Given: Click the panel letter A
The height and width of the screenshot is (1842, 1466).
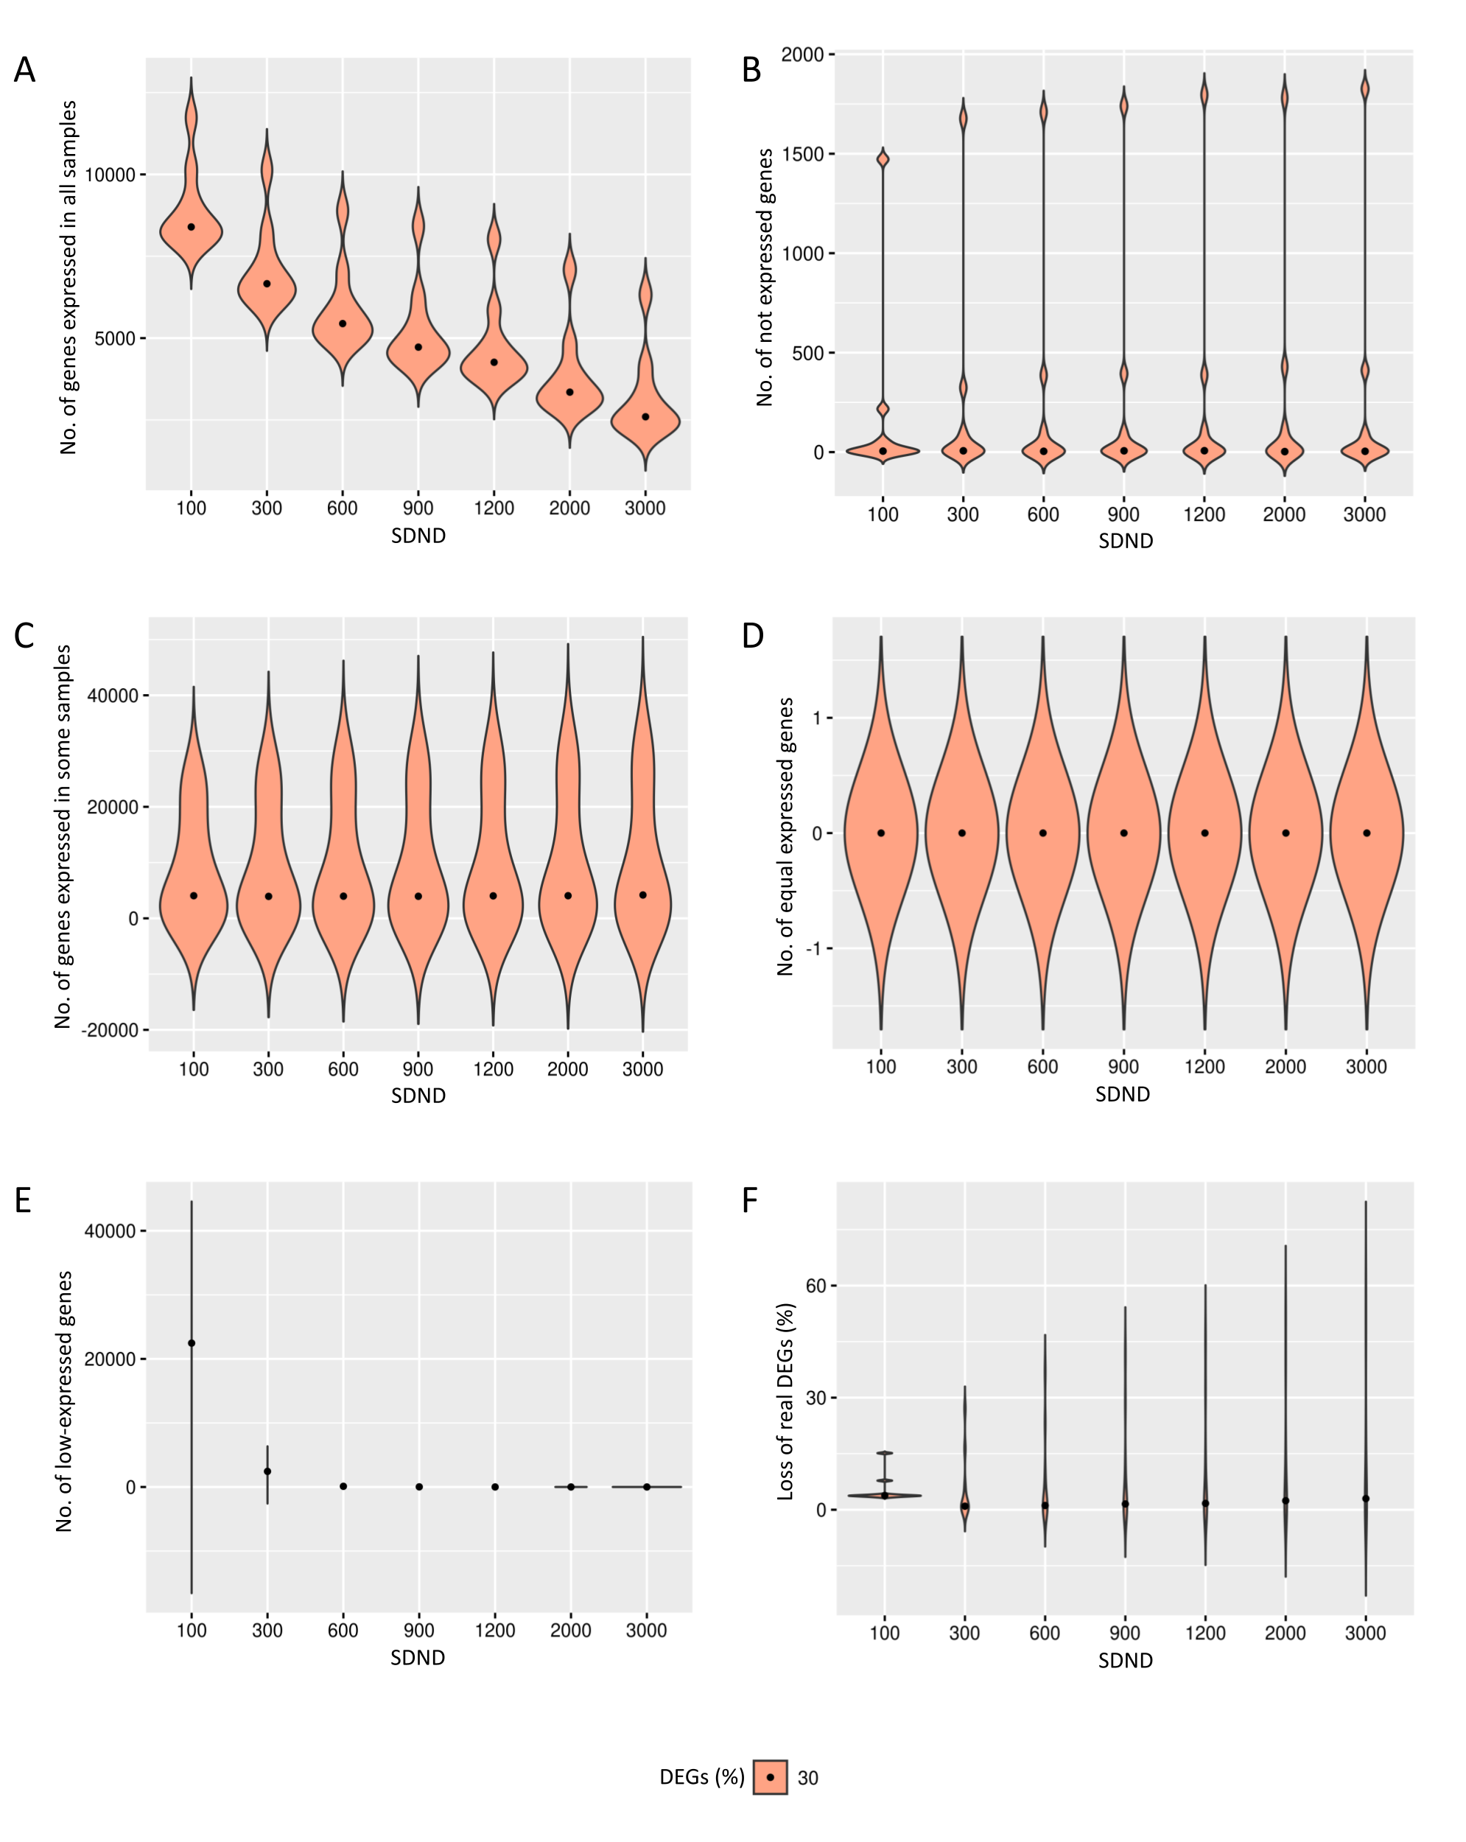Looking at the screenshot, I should point(25,70).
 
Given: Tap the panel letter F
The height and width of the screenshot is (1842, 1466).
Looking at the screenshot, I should point(749,1200).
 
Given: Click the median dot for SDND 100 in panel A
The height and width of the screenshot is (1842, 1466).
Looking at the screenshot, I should point(192,227).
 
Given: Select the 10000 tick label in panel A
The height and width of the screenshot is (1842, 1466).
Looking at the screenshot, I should point(111,175).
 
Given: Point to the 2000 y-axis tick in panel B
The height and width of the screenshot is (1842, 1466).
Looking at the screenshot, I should point(802,55).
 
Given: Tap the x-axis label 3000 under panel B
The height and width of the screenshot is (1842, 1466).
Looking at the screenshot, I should point(1364,514).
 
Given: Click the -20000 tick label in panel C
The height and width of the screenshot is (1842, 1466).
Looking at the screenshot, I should point(109,1030).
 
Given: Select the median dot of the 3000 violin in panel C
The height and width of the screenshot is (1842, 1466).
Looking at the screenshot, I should point(642,895).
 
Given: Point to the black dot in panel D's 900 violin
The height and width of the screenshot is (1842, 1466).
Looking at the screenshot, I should point(1123,833).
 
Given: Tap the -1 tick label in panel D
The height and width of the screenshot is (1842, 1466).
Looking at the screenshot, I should point(815,949).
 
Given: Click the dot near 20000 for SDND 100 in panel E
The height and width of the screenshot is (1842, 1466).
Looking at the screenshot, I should point(192,1343).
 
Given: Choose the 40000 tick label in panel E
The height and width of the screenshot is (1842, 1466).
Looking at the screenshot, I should point(111,1231).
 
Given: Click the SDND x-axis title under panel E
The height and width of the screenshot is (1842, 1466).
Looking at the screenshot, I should point(418,1658).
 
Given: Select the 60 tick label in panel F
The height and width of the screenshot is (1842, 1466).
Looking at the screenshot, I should point(816,1286).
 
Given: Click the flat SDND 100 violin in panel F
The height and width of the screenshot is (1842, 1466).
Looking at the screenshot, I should point(884,1495).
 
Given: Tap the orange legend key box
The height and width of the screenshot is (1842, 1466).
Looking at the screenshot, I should point(770,1777).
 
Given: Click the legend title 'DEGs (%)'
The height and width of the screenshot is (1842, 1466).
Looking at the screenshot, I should point(701,1777).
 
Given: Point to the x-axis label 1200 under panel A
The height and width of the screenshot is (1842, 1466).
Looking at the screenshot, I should point(494,508).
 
